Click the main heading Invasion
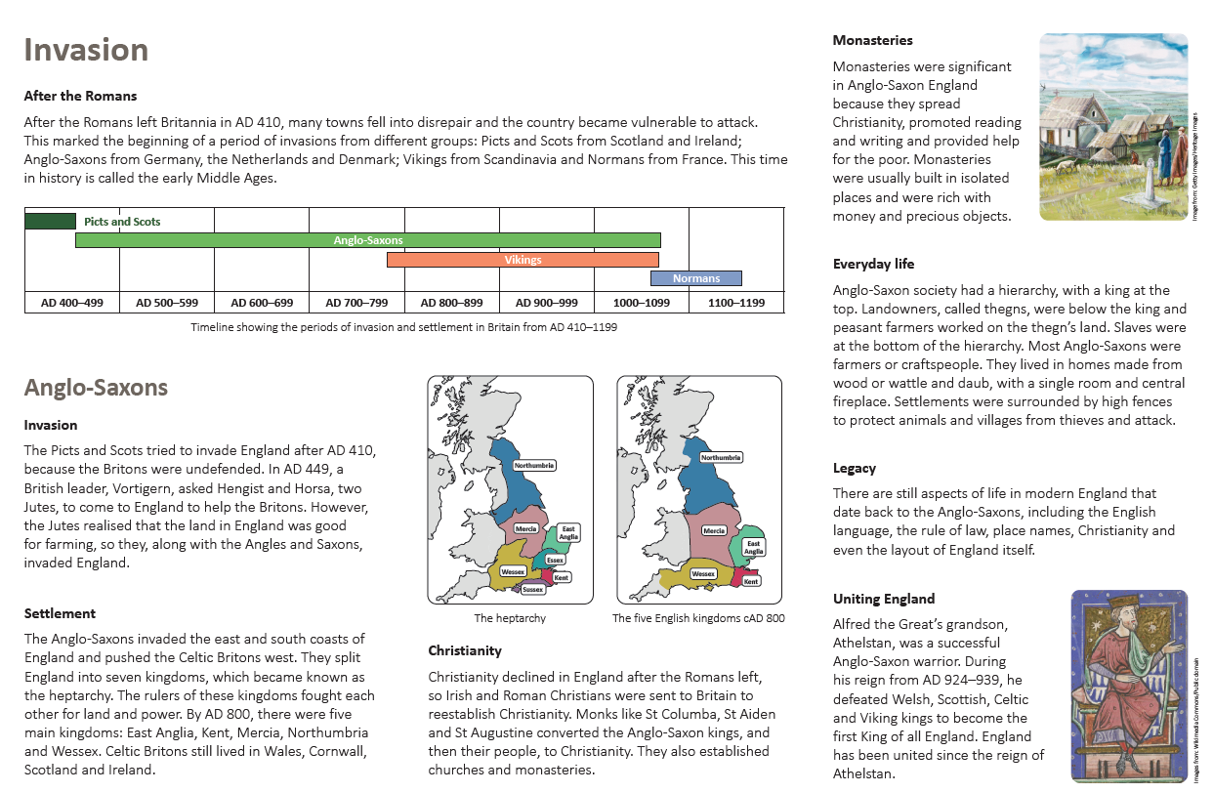[x=86, y=50]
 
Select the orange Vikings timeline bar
[x=523, y=260]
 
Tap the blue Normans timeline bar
[x=695, y=278]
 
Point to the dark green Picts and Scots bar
[x=50, y=221]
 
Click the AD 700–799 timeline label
[x=356, y=303]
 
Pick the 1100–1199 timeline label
[x=736, y=303]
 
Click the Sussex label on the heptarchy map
[x=533, y=589]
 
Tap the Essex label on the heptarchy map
[x=554, y=560]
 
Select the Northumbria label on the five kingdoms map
[x=721, y=457]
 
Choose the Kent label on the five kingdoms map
[x=751, y=581]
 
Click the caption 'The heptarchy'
[x=510, y=618]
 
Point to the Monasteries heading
[x=873, y=41]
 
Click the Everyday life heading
[x=873, y=264]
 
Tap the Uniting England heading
[x=884, y=599]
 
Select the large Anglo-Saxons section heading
[x=96, y=388]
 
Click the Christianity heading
[x=465, y=649]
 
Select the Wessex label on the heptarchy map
[x=513, y=570]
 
